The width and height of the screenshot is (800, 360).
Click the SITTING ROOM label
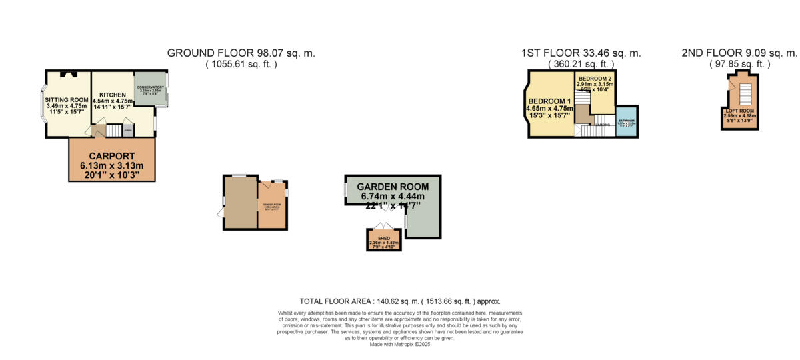pyautogui.click(x=63, y=99)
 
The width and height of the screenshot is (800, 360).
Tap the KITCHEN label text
pyautogui.click(x=109, y=95)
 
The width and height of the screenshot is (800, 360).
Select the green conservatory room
pyautogui.click(x=150, y=89)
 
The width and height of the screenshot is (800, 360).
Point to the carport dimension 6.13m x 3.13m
pyautogui.click(x=112, y=165)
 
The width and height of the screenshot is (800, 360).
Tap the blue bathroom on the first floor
pyautogui.click(x=626, y=121)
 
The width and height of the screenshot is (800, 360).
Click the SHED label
pyautogui.click(x=384, y=237)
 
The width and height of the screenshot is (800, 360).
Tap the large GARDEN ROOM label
pyautogui.click(x=392, y=186)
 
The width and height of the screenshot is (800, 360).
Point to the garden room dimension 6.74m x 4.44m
pyautogui.click(x=392, y=197)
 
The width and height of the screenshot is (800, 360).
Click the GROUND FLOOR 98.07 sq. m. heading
pyautogui.click(x=241, y=53)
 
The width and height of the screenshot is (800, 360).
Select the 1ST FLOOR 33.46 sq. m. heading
pyautogui.click(x=581, y=53)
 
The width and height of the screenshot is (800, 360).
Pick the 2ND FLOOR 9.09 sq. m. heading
pyautogui.click(x=739, y=53)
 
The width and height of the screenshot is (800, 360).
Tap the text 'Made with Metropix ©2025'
pyautogui.click(x=400, y=343)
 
